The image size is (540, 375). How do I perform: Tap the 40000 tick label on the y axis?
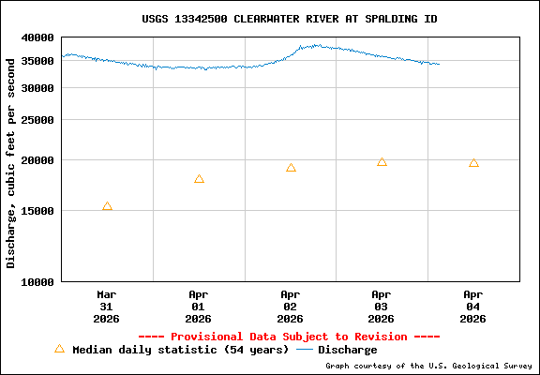[38, 38]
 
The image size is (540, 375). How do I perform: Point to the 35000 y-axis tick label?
[38, 62]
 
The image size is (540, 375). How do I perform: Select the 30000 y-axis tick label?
[38, 88]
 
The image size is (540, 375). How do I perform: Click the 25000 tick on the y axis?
[38, 120]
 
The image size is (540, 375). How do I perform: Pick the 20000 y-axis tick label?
[38, 160]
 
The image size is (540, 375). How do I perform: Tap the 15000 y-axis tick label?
[38, 211]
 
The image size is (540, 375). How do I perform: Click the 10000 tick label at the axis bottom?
[38, 281]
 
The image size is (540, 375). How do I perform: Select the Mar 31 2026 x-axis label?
[107, 306]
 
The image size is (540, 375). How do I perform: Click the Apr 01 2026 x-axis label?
[199, 306]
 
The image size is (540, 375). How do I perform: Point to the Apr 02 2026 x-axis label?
[291, 306]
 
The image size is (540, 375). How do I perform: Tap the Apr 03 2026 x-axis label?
[382, 306]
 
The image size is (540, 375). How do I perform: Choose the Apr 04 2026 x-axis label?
[473, 306]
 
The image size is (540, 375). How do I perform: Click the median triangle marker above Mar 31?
[107, 206]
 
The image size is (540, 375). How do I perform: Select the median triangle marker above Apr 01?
[199, 179]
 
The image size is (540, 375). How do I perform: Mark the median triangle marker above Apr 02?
[291, 168]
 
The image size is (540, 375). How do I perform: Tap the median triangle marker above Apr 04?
[473, 163]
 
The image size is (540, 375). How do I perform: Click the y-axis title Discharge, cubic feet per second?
[11, 161]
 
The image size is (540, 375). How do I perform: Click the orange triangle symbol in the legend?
[59, 349]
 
